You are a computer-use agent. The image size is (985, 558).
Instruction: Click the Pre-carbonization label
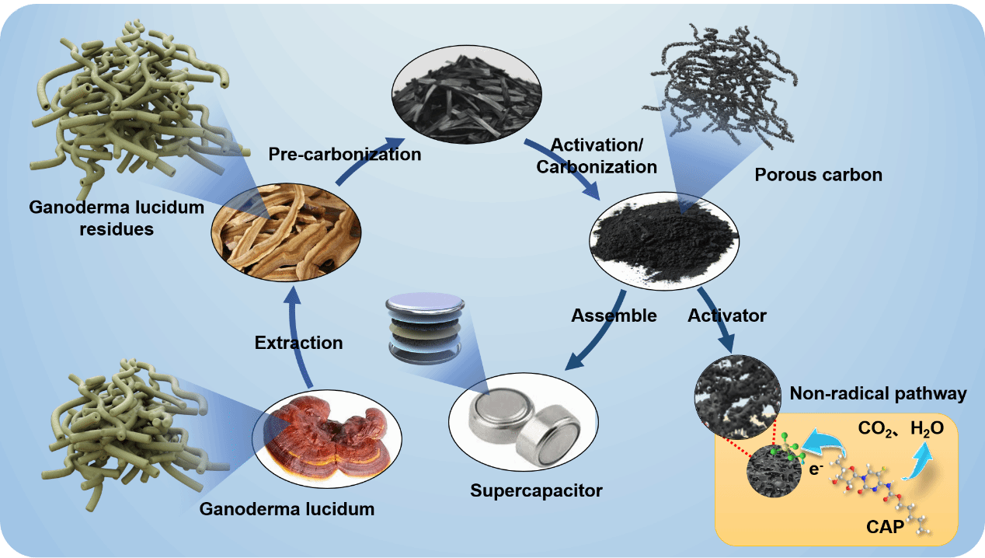click(345, 154)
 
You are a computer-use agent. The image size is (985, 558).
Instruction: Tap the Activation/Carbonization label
click(604, 155)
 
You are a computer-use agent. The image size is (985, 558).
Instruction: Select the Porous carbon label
click(818, 175)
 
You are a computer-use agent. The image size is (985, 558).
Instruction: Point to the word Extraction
click(298, 342)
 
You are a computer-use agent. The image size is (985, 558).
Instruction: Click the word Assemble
click(614, 316)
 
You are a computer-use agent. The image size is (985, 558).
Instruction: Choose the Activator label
click(727, 316)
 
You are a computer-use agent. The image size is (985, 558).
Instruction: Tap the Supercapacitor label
click(536, 491)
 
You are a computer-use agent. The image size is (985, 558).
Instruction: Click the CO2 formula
click(875, 428)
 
